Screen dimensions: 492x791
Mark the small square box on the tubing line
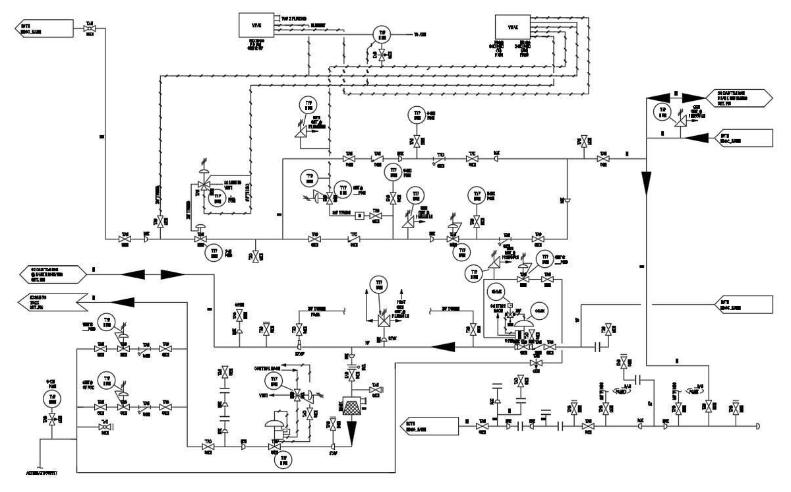(x=360, y=214)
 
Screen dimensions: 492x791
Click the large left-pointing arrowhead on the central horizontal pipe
(x=445, y=344)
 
